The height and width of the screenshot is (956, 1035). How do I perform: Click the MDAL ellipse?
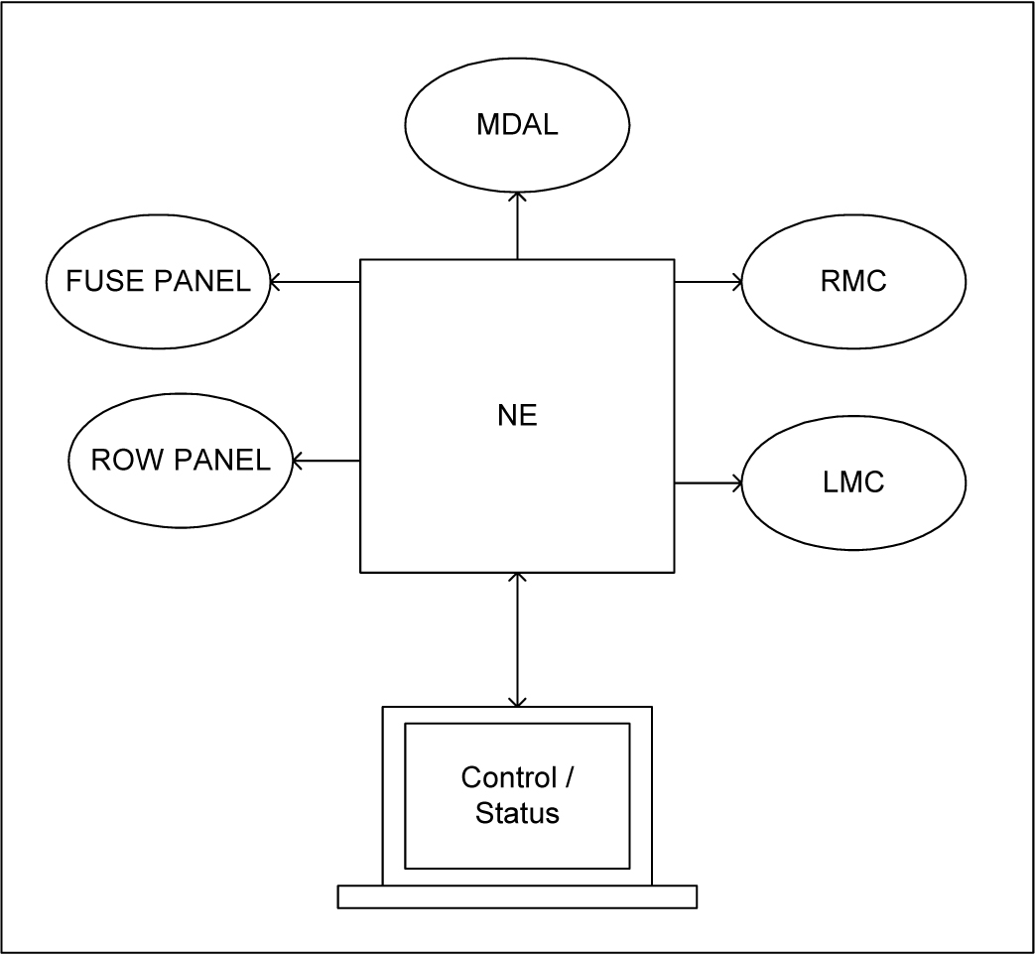click(x=517, y=126)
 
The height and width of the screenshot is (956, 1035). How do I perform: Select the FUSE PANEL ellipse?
click(x=158, y=282)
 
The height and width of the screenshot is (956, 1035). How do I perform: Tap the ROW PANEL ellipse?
click(x=181, y=461)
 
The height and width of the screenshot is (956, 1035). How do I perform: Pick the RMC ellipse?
click(x=853, y=282)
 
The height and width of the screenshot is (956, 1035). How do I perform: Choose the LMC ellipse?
click(x=853, y=483)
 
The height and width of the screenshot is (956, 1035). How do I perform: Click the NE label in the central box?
click(x=517, y=416)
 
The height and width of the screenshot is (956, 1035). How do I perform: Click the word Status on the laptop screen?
click(x=517, y=814)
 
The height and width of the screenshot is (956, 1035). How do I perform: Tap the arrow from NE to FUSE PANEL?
click(x=315, y=282)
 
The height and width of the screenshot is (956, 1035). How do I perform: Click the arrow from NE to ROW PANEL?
click(x=326, y=461)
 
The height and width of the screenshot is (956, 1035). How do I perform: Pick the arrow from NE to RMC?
click(x=709, y=282)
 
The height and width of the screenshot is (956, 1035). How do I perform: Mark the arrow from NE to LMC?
click(x=709, y=483)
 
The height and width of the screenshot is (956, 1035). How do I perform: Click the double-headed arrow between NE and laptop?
click(x=517, y=639)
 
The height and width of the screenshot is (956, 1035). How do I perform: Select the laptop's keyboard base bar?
click(x=517, y=896)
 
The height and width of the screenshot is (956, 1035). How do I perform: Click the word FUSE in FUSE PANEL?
click(x=95, y=282)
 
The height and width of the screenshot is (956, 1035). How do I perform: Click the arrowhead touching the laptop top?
click(x=517, y=700)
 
